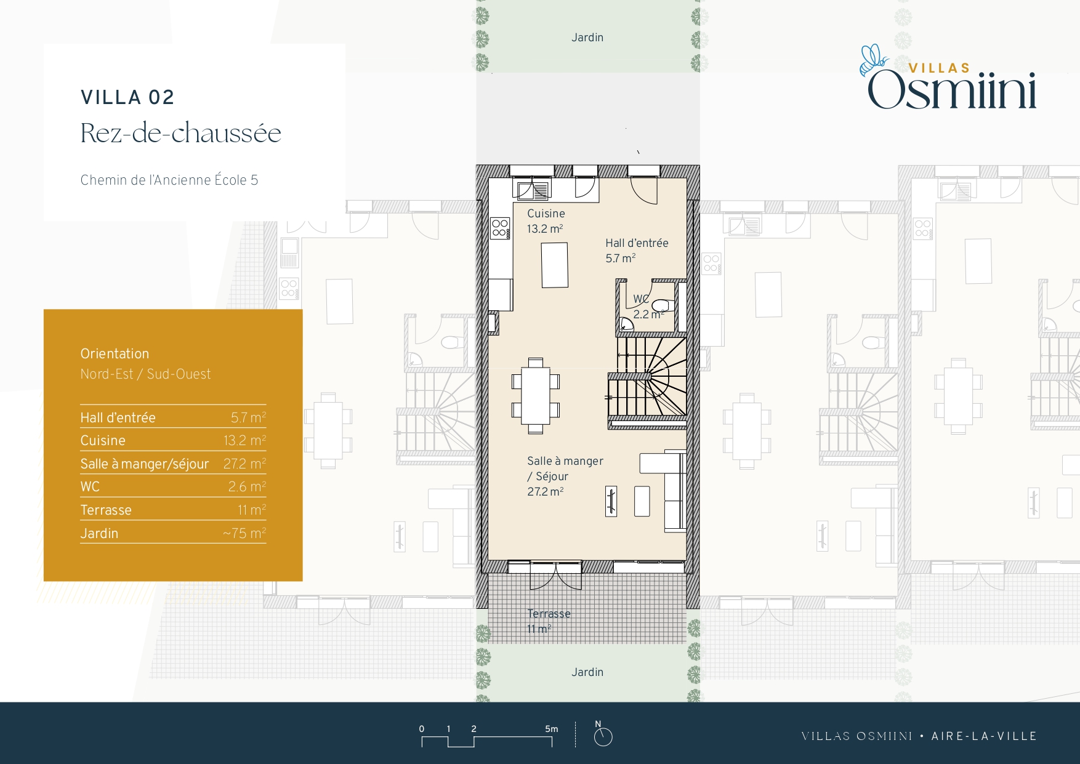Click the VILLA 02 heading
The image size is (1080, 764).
coord(127,97)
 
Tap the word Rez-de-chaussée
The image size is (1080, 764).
coord(181,133)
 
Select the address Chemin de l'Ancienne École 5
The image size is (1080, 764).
coord(169,180)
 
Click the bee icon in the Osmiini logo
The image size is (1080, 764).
coord(874,60)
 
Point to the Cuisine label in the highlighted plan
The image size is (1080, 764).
coord(546,214)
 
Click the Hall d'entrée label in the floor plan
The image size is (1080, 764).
coord(637,243)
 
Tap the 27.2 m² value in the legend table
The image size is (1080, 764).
coord(244,464)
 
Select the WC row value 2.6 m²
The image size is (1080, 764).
coord(247,486)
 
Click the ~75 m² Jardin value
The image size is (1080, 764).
coord(244,533)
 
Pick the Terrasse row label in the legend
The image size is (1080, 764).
coord(106,510)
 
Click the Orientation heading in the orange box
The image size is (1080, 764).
coord(115,353)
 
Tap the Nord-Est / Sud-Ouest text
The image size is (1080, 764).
coord(145,374)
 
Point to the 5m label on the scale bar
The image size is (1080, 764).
coord(551,729)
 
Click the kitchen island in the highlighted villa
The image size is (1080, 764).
coord(555,265)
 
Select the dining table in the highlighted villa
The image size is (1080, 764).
coord(536,396)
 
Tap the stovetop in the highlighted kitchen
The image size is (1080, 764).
coord(501,228)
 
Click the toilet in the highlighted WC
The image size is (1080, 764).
coord(661,305)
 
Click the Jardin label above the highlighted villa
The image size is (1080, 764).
coord(587,38)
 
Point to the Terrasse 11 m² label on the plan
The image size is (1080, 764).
coord(549,621)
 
